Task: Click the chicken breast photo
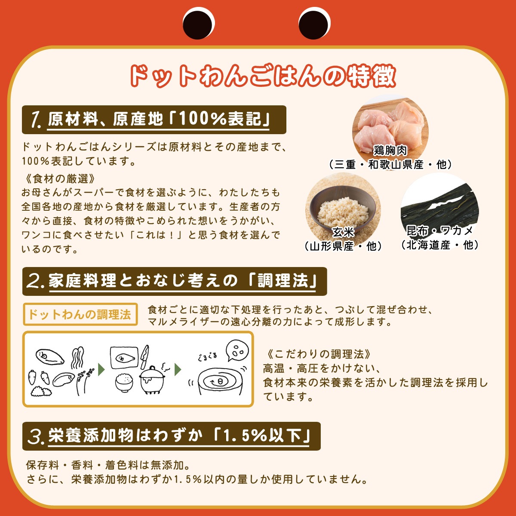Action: pyautogui.click(x=390, y=123)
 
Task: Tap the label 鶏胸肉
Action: pyautogui.click(x=390, y=150)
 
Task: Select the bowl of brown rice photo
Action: pyautogui.click(x=343, y=206)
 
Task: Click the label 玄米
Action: pyautogui.click(x=343, y=232)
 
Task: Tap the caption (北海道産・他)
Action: pyautogui.click(x=439, y=245)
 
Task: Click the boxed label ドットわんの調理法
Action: pyautogui.click(x=80, y=314)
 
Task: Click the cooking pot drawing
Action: pyautogui.click(x=152, y=378)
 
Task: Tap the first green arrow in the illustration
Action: pyautogui.click(x=102, y=369)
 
